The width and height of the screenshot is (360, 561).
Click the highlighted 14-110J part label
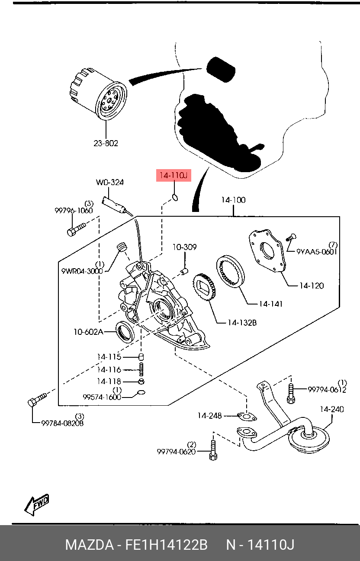[173, 176]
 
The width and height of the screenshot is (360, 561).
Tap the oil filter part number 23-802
[106, 143]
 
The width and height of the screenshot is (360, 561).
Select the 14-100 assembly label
[233, 200]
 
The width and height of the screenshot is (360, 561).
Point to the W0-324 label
[109, 183]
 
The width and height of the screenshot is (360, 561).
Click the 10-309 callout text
[185, 247]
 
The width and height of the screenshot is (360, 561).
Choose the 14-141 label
[271, 304]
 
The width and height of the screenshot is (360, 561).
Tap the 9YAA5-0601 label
[317, 251]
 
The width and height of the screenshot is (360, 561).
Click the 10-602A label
[88, 332]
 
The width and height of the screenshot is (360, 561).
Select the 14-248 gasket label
[210, 416]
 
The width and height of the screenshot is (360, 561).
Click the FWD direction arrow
[37, 505]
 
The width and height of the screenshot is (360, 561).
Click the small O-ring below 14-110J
[175, 198]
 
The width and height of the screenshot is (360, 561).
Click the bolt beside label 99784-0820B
[37, 400]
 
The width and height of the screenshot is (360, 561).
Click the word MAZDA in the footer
[89, 545]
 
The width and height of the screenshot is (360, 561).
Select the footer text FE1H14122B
[167, 545]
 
